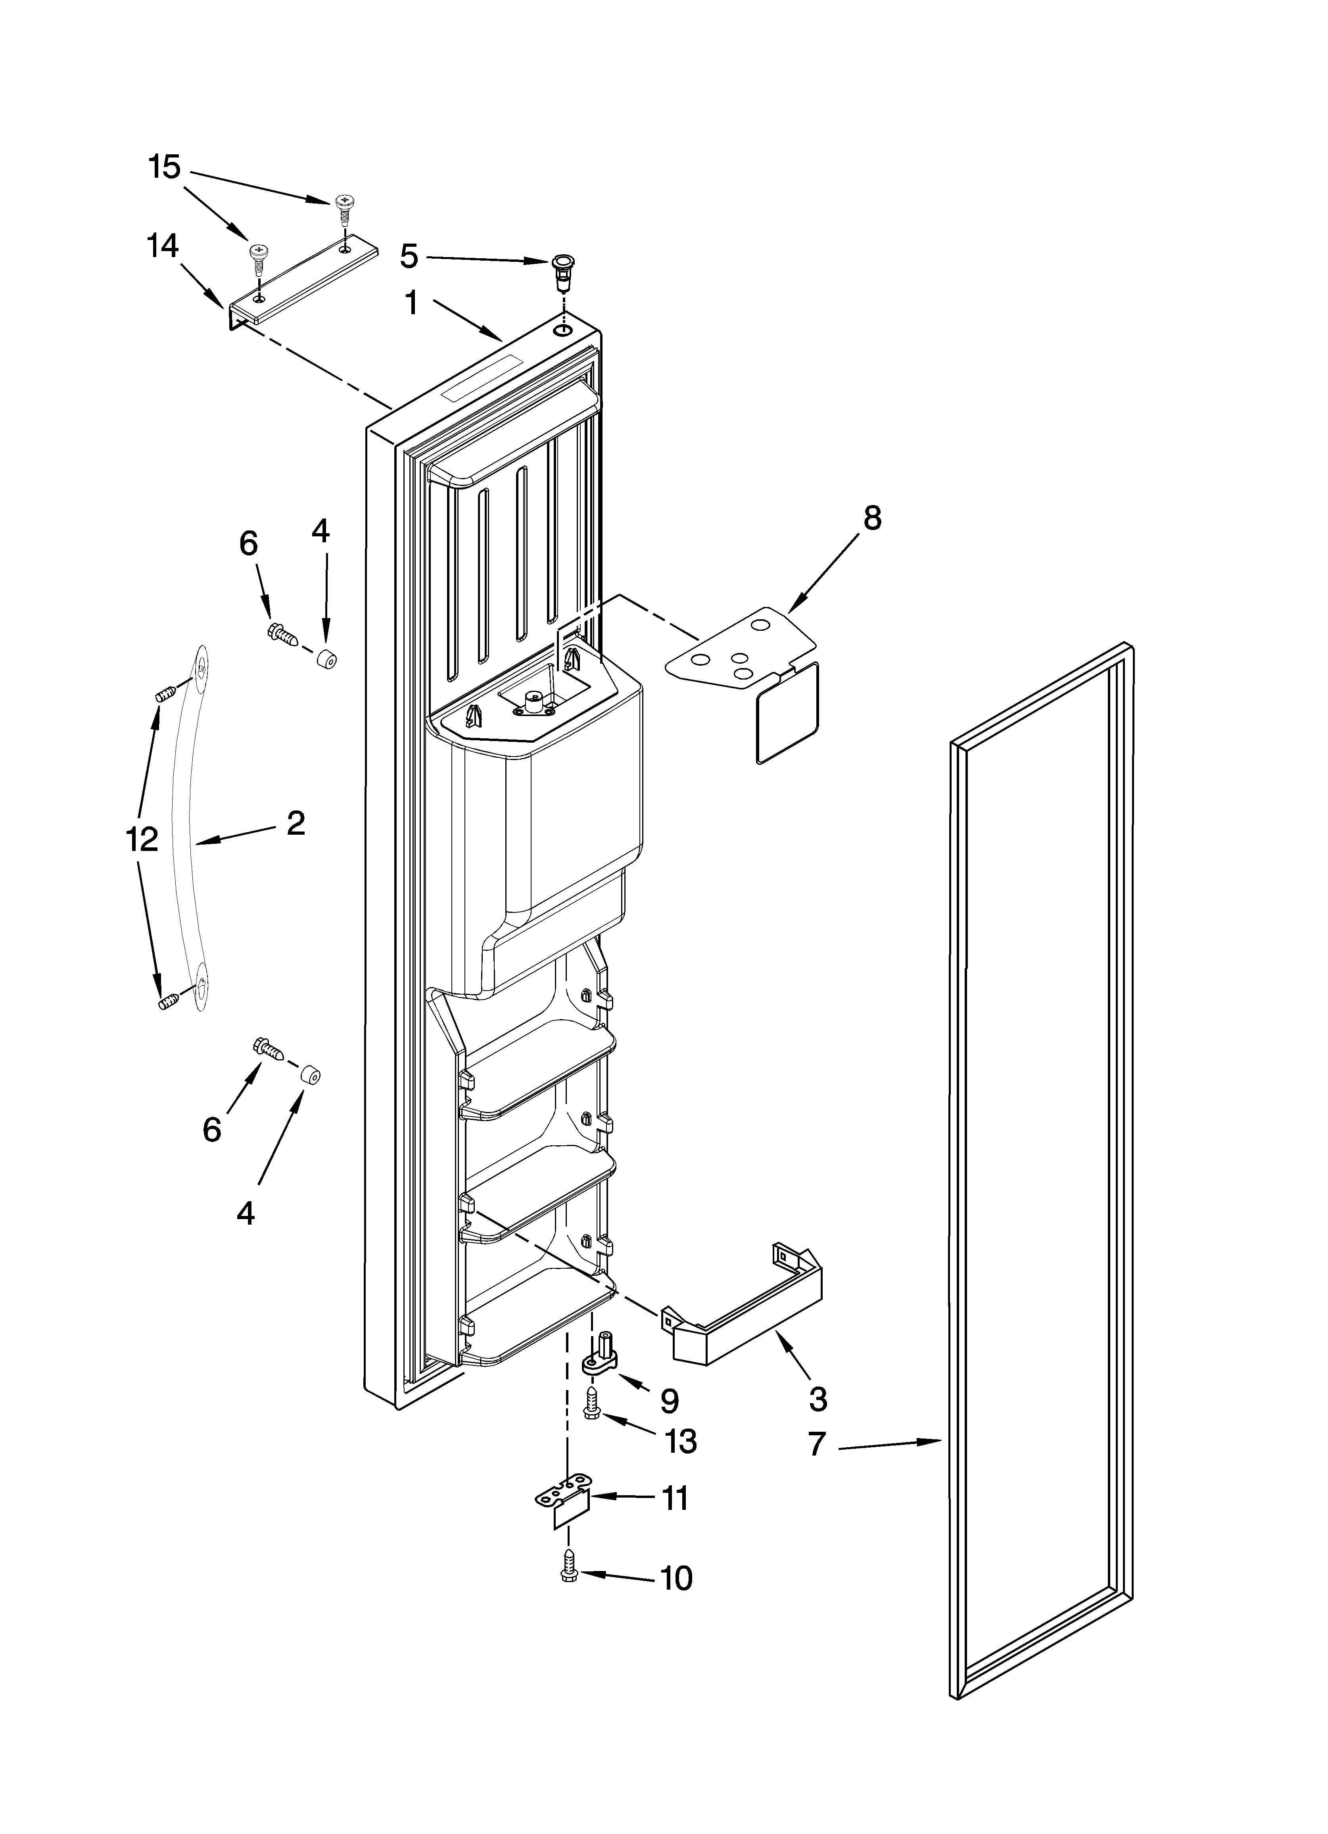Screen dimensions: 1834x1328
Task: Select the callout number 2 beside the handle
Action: point(296,823)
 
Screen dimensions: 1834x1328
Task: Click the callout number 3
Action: point(818,1398)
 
